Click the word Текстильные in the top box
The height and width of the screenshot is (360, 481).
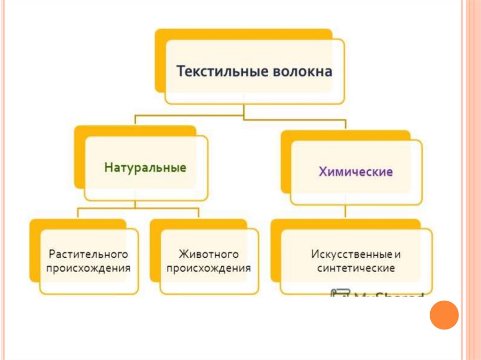tap(221, 72)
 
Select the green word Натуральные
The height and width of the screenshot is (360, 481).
tap(145, 168)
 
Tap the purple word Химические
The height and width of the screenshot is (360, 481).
tap(356, 171)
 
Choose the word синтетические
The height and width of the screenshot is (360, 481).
tap(356, 268)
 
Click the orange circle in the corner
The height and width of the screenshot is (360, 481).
tap(444, 314)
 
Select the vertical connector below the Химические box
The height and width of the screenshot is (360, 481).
tap(345, 212)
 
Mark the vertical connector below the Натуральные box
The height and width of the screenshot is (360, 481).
tap(135, 204)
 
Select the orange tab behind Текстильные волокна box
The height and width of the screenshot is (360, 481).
tap(160, 61)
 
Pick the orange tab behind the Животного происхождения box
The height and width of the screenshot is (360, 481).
tap(155, 249)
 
